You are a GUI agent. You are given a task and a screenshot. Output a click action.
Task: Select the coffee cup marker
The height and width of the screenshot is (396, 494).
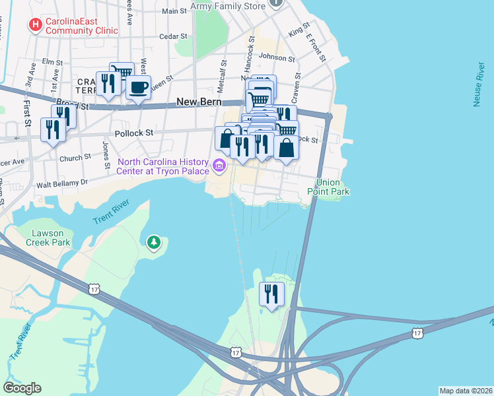[138, 88]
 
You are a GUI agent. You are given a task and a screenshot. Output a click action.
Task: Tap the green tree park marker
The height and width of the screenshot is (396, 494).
[154, 243]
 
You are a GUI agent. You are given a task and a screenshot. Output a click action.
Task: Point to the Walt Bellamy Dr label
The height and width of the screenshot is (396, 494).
[62, 182]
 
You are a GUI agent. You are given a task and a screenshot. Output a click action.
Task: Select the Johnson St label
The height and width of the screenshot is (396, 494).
[276, 57]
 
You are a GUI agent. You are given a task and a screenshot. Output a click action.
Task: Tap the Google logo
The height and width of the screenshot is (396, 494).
[22, 388]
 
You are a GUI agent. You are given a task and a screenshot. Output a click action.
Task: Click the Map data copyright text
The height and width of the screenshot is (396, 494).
[466, 391]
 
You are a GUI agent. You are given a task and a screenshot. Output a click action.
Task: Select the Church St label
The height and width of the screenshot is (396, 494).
[75, 158]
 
